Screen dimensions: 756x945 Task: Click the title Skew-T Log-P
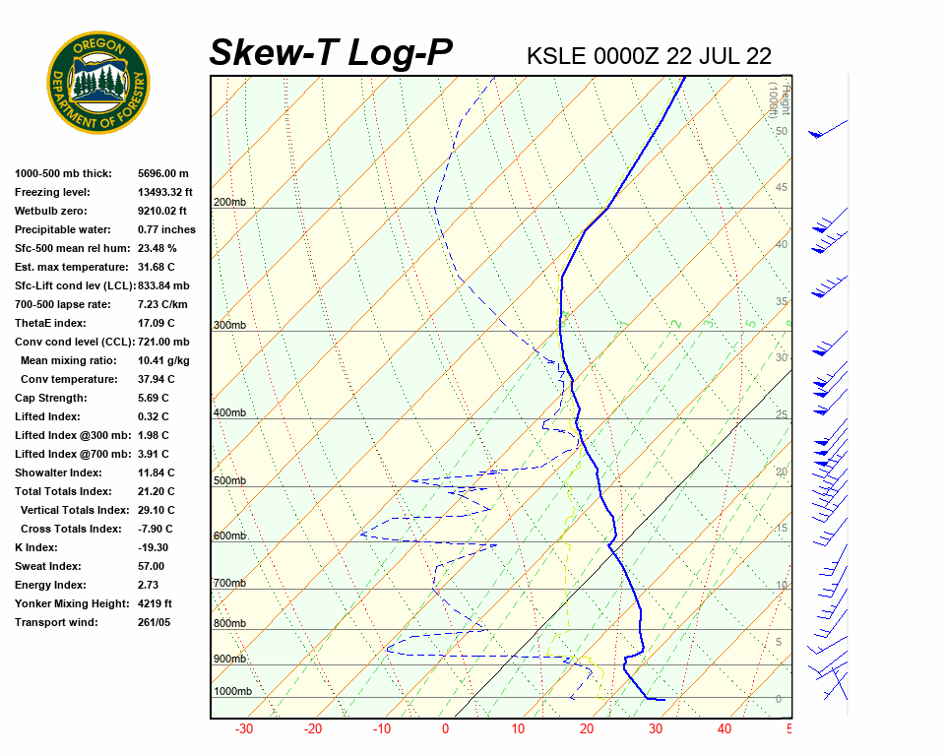click(x=331, y=53)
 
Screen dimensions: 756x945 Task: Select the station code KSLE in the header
click(x=556, y=56)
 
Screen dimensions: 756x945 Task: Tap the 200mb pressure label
click(x=229, y=203)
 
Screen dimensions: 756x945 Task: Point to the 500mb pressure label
click(x=229, y=480)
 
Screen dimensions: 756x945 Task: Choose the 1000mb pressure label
click(x=232, y=691)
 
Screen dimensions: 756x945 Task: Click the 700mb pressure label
click(x=229, y=584)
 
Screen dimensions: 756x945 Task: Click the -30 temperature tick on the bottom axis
click(x=244, y=729)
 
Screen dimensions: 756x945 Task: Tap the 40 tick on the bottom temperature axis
click(x=724, y=729)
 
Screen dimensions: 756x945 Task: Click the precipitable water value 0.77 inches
click(x=166, y=229)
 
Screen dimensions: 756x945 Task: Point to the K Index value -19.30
click(x=154, y=547)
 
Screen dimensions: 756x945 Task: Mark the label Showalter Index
click(x=60, y=472)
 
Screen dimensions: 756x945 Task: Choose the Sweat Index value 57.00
click(x=152, y=566)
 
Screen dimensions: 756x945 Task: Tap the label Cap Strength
click(x=50, y=398)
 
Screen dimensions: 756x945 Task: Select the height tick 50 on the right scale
click(x=781, y=131)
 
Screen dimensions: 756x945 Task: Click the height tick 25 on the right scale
click(x=781, y=414)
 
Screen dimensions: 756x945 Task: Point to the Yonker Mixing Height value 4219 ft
click(x=156, y=603)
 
